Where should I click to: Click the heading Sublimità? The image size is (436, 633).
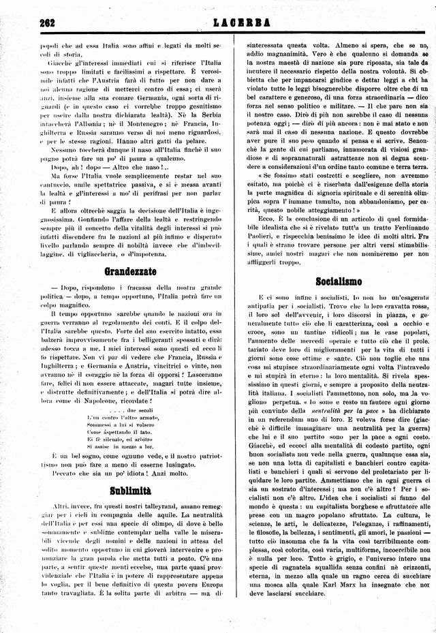tap(130, 491)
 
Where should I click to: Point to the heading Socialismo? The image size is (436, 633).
tap(339, 281)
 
